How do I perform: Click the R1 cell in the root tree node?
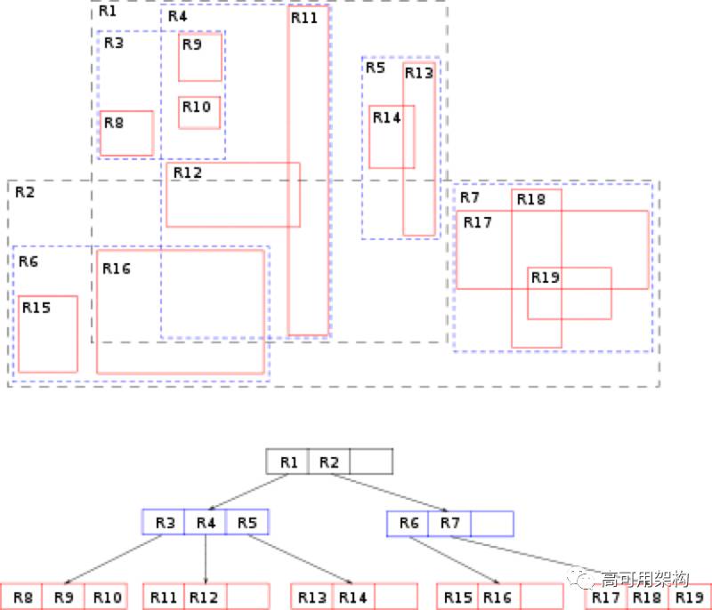click(287, 462)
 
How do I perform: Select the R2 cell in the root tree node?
click(328, 462)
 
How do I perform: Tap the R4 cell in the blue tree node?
click(206, 522)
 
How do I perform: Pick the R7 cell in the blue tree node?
click(449, 524)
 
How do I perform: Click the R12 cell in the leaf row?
click(205, 597)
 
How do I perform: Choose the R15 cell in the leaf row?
click(457, 597)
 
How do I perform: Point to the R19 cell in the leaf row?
click(688, 597)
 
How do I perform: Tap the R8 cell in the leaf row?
click(21, 597)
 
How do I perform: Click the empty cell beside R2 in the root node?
click(371, 462)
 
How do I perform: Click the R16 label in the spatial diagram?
click(117, 269)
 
